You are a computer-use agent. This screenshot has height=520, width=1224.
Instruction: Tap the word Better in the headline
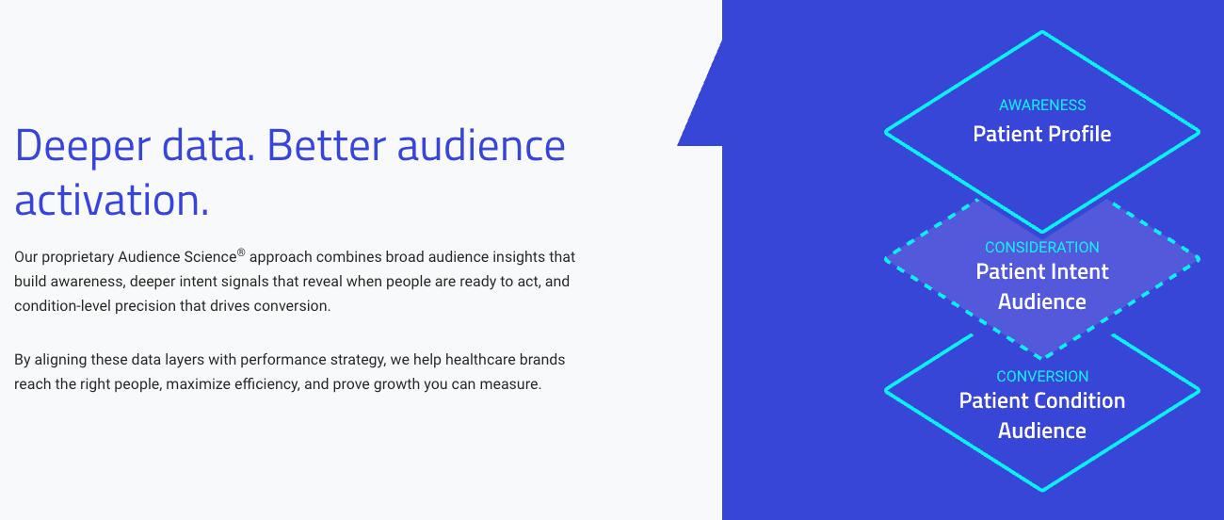click(326, 145)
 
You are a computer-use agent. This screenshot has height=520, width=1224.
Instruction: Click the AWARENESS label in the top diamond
click(1042, 105)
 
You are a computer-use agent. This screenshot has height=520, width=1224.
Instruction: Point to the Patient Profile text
click(1042, 134)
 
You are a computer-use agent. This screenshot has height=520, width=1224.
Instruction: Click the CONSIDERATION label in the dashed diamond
click(1042, 247)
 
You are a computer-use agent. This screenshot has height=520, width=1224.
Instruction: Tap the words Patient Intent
click(1042, 271)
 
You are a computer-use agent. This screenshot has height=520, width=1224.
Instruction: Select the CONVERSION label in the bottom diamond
click(1042, 376)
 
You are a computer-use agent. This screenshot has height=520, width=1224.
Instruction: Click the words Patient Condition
click(1042, 400)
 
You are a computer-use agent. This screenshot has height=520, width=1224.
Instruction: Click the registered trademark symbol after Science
click(241, 252)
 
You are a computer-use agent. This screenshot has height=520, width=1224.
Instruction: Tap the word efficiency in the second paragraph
click(267, 384)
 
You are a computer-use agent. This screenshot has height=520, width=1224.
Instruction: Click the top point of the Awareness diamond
click(1042, 32)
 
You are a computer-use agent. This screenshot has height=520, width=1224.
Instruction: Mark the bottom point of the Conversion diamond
click(1042, 489)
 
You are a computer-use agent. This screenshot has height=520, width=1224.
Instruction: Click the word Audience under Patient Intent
click(1042, 301)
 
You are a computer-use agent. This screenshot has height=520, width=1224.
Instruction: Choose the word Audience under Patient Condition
click(1042, 431)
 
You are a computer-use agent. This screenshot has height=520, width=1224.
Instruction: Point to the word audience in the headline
click(481, 146)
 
